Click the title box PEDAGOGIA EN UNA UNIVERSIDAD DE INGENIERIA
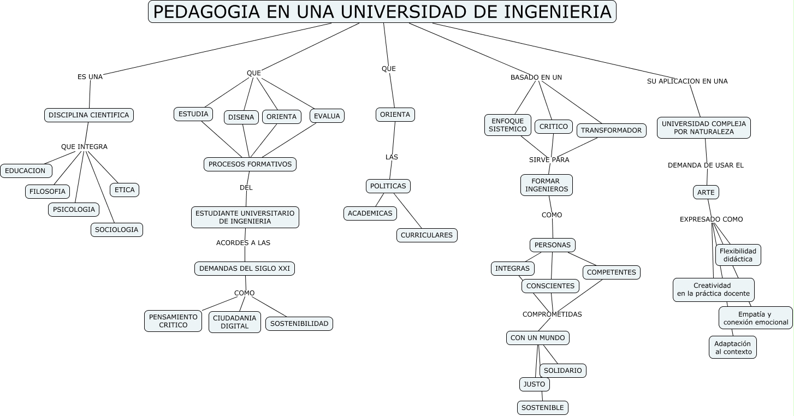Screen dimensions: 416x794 coord(382,11)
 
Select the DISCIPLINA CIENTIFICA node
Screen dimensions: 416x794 coord(89,115)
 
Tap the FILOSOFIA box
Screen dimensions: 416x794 coord(48,192)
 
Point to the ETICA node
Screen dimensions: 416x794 coord(125,190)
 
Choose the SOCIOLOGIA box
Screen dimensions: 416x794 coord(116,230)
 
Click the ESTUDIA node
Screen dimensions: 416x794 coord(193,114)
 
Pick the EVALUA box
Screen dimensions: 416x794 coord(327,116)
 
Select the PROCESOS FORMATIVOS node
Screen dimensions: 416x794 coord(250,164)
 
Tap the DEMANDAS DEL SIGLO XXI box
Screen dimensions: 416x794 coord(245,269)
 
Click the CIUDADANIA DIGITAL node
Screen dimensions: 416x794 coord(235,322)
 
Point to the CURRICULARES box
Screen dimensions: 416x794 coord(426,235)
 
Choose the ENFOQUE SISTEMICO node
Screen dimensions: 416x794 coord(508,125)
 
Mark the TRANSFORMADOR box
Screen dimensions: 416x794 coord(611,130)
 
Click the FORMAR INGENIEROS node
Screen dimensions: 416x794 coord(547,185)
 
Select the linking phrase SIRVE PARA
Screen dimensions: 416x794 coord(549,160)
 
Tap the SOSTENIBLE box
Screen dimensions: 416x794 coord(543,408)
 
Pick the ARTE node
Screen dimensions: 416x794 coord(706,192)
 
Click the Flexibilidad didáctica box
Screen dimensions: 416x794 coord(738,255)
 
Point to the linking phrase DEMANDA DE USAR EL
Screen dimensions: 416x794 coord(706,165)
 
